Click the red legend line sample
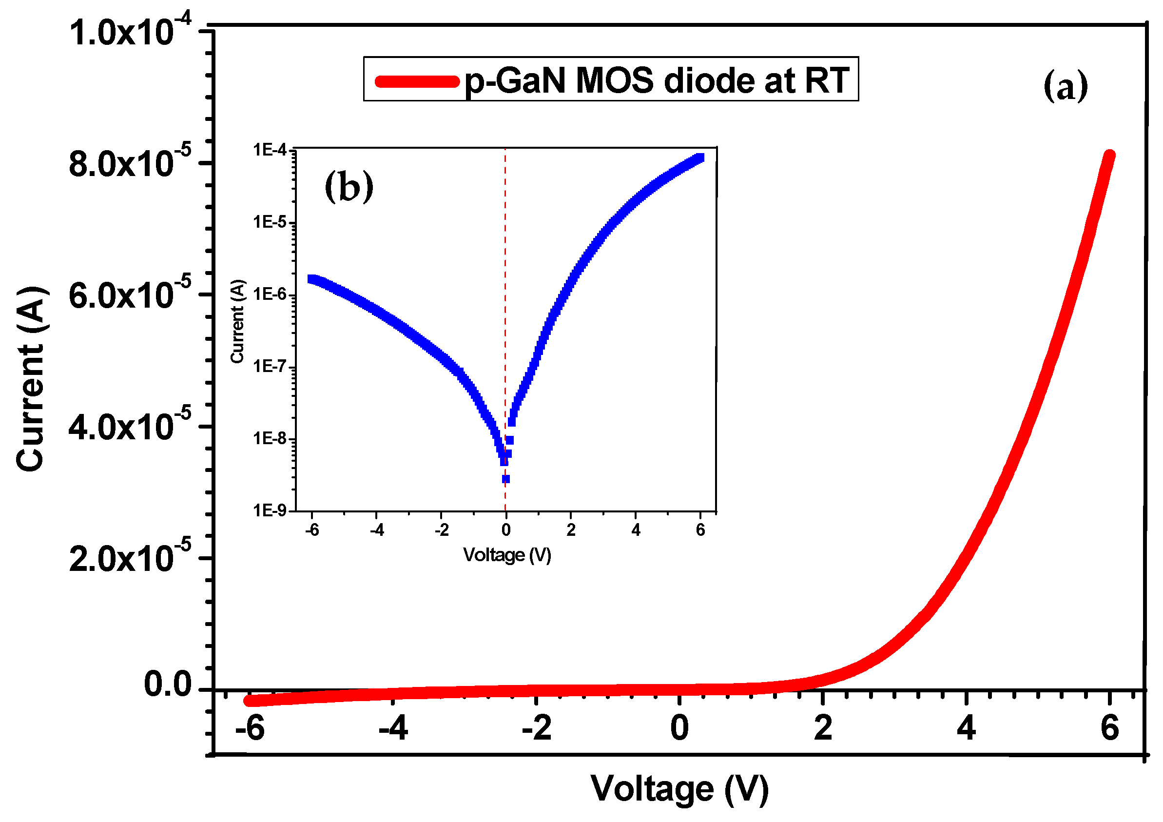(x=416, y=81)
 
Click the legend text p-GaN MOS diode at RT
(x=657, y=80)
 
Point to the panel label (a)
(x=1065, y=86)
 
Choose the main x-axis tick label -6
(x=250, y=729)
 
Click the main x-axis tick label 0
(x=679, y=729)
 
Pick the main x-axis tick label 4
(x=966, y=729)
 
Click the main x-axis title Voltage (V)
(x=679, y=789)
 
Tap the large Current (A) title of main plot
(x=31, y=379)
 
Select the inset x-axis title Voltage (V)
(x=507, y=555)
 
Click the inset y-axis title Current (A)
(x=237, y=321)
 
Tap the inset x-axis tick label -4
(x=377, y=530)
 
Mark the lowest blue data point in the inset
(x=505, y=479)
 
